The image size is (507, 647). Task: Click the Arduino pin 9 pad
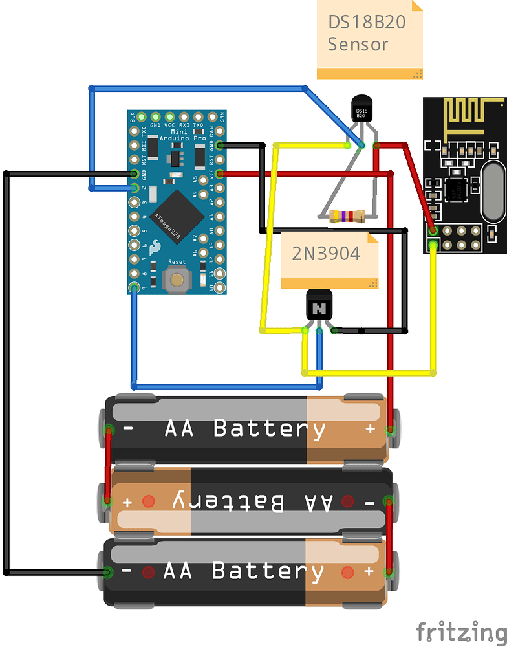[x=135, y=287]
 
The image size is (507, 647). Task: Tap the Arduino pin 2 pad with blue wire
[x=135, y=188]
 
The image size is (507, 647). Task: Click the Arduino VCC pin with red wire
[x=220, y=173]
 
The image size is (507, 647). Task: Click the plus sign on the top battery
[x=371, y=429]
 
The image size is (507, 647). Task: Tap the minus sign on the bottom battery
[x=127, y=572]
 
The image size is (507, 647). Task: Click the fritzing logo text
[x=460, y=630]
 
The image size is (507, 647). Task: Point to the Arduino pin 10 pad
[x=220, y=287]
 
